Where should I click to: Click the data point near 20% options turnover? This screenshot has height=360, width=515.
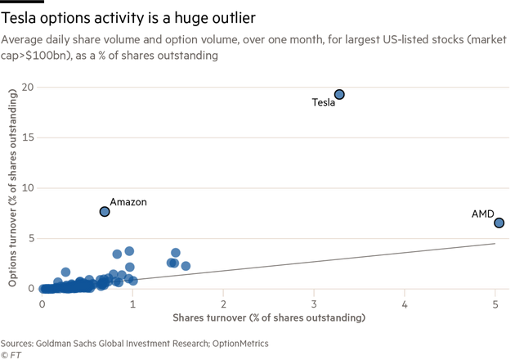pos(339,94)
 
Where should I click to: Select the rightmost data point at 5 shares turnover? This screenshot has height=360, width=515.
pos(499,223)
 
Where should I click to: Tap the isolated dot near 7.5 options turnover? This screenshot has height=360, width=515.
pos(105,211)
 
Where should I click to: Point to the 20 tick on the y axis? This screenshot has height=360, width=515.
pos(28,87)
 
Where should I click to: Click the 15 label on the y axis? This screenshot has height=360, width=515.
pos(28,137)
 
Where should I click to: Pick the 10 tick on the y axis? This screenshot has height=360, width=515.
pos(28,187)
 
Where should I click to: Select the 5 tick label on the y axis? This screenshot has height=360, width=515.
pos(30,238)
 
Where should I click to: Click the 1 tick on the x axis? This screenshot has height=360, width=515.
pos(132,304)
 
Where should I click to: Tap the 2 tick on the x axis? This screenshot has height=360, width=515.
pos(223,304)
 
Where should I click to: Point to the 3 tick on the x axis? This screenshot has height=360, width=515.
pos(314,304)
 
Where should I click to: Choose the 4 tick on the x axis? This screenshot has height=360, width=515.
pos(405,304)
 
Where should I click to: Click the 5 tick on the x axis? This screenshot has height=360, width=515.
pos(495,304)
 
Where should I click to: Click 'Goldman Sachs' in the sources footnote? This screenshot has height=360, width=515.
pos(59,344)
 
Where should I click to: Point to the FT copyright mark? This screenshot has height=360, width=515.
pos(11,354)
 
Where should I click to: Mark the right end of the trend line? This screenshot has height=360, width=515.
pos(495,242)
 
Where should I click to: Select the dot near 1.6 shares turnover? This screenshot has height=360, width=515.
pos(186,266)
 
